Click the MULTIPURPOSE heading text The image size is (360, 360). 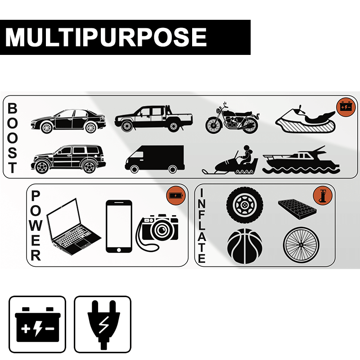[106, 37]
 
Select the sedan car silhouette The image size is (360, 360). [68, 121]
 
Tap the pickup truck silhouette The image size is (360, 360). [153, 119]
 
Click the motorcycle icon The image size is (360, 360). [232, 119]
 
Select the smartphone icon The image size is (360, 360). [119, 226]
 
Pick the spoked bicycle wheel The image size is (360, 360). [301, 245]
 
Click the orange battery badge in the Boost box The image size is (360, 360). [346, 107]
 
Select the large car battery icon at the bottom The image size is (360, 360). [37, 324]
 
